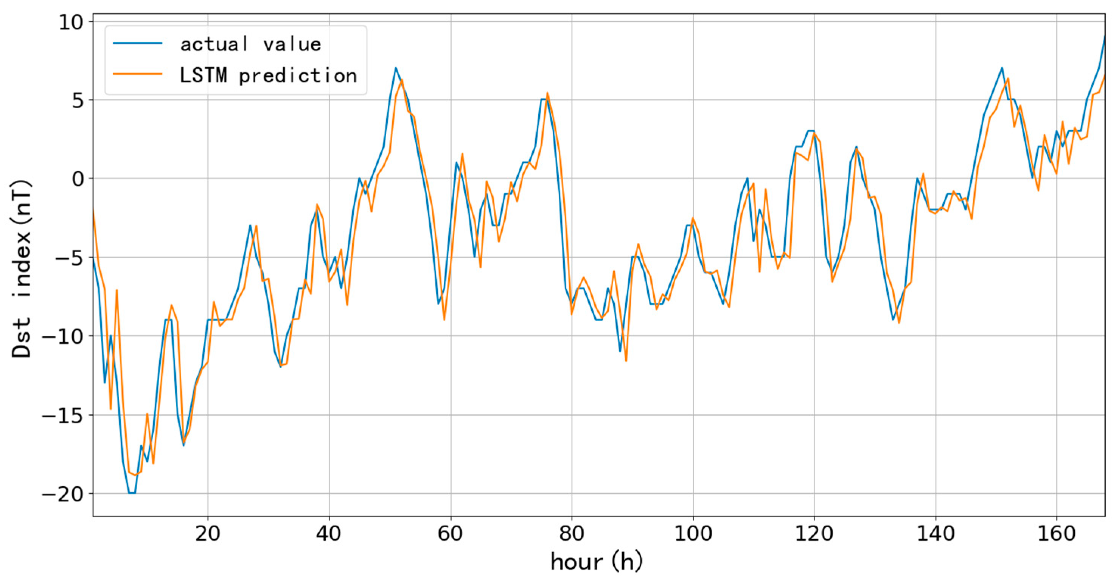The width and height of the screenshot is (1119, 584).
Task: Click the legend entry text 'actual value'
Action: click(251, 44)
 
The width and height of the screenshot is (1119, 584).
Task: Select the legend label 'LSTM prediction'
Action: click(268, 76)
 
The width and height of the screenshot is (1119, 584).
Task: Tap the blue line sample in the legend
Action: click(138, 44)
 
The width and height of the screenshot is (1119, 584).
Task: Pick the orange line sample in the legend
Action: click(138, 74)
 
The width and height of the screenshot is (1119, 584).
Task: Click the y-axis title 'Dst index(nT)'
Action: click(22, 269)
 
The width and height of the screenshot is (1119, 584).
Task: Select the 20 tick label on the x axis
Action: click(208, 533)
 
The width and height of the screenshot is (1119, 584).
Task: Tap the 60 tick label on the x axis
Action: click(451, 533)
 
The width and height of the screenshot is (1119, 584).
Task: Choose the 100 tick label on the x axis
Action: click(693, 533)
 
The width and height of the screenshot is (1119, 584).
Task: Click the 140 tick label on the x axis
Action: click(935, 533)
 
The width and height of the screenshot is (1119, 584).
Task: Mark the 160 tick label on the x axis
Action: click(1057, 533)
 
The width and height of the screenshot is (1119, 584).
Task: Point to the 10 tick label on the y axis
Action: click(70, 22)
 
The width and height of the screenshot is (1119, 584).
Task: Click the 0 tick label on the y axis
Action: click(78, 179)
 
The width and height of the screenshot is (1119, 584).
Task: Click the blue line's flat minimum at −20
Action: click(132, 493)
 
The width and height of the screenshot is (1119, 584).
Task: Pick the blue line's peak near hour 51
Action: click(396, 68)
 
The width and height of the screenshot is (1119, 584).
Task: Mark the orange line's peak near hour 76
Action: click(547, 93)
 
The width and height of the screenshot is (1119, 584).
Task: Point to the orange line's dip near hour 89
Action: click(626, 361)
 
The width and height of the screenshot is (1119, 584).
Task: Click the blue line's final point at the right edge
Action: click(1104, 36)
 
